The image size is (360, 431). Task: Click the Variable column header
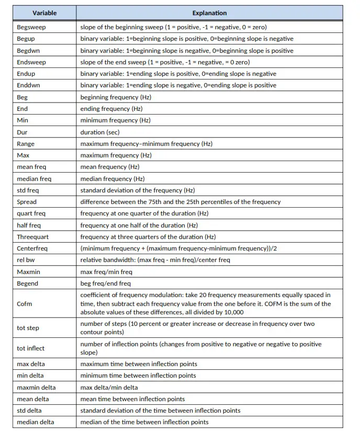coord(44,13)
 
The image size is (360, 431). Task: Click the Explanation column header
coord(209,13)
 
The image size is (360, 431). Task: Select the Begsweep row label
coord(31,27)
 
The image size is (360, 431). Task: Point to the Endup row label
coord(27,74)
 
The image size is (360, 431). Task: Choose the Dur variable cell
coord(22,132)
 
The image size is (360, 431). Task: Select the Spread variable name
coord(27,202)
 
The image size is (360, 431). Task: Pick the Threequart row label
coord(33,237)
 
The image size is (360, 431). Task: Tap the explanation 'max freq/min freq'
coord(106,272)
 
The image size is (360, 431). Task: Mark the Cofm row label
coord(24,304)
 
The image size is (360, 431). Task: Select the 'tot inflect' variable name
coord(30,348)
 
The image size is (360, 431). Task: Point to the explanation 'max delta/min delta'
coord(109,388)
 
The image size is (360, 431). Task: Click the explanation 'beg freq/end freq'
coord(106,283)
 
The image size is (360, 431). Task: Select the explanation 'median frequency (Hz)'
coord(112,179)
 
